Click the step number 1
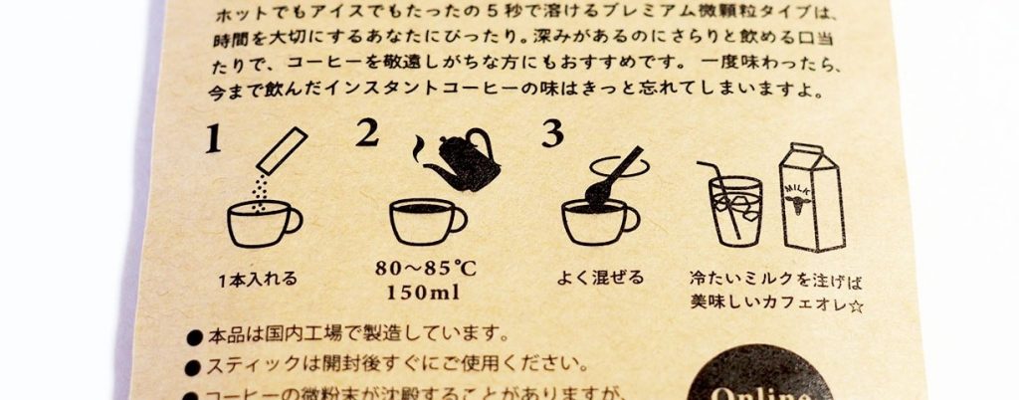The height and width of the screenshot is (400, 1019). click(x=212, y=141)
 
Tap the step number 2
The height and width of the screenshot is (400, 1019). click(x=367, y=133)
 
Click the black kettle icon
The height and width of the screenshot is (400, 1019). click(x=461, y=159)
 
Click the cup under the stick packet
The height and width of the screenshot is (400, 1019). click(x=261, y=223)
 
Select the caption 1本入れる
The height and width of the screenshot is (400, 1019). click(x=257, y=280)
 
